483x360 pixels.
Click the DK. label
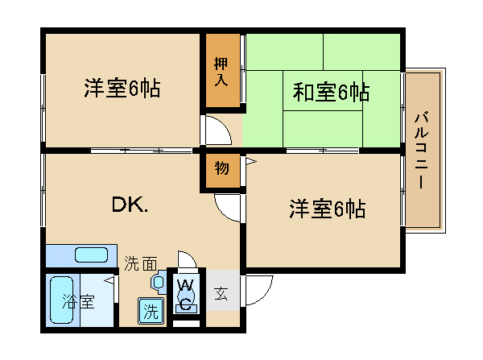(x=130, y=205)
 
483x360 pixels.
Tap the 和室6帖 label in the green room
(x=331, y=92)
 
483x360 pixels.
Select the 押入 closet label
(x=221, y=72)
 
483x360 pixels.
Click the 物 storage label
(x=222, y=168)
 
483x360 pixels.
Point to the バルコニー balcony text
(x=421, y=151)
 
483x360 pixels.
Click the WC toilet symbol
(x=186, y=295)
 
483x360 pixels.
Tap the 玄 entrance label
(x=221, y=293)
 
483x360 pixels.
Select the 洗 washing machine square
(x=151, y=311)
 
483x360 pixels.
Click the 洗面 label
(x=140, y=264)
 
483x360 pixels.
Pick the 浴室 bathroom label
(x=78, y=301)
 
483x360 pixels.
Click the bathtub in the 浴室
(x=62, y=300)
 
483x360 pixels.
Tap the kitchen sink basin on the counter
(x=92, y=255)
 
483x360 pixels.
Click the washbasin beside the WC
(x=159, y=282)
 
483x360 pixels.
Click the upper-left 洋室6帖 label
(x=122, y=89)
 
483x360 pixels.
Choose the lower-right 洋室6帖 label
(x=328, y=209)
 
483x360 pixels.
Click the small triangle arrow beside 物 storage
(x=251, y=161)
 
